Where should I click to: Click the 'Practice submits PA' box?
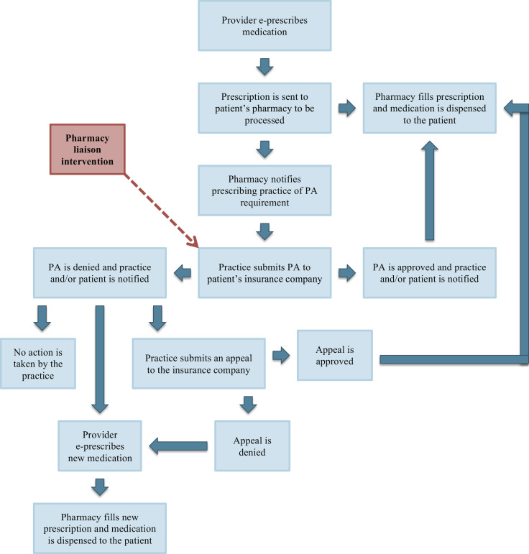pyautogui.click(x=264, y=272)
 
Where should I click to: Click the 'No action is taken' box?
pyautogui.click(x=38, y=364)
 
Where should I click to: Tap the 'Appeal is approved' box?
pyautogui.click(x=336, y=355)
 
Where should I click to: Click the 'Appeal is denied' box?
pyautogui.click(x=252, y=445)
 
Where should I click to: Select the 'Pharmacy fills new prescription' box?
pyautogui.click(x=99, y=527)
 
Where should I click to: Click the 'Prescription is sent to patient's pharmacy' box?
pyautogui.click(x=264, y=107)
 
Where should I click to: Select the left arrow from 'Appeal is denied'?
pyautogui.click(x=178, y=446)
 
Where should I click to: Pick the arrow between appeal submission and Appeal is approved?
pyautogui.click(x=280, y=355)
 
